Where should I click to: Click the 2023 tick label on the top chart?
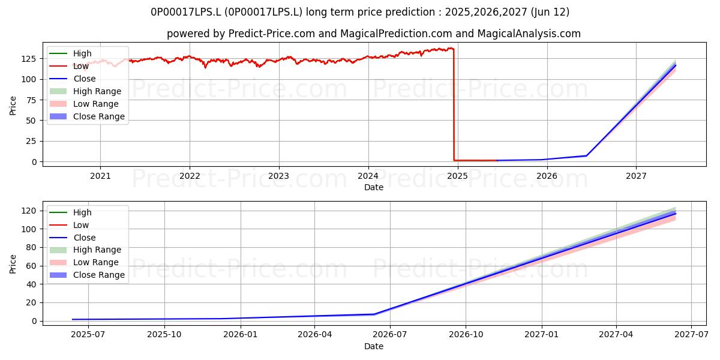tap(278, 176)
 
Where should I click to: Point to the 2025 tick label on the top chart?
tap(457, 176)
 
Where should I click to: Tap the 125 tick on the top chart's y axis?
tap(29, 59)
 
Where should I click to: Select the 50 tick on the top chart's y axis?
tap(32, 121)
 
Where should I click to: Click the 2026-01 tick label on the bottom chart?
tap(241, 335)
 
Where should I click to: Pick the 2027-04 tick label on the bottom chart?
tap(616, 335)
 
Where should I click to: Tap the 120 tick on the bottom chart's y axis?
tap(29, 211)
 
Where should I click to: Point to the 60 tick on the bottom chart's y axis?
tap(32, 266)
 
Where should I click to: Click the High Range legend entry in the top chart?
tap(85, 91)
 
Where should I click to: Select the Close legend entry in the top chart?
tap(73, 79)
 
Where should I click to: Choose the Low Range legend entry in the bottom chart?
tap(84, 262)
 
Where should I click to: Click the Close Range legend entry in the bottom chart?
tap(87, 275)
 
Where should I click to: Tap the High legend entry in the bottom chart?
tap(70, 212)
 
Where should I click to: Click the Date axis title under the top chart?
tap(374, 187)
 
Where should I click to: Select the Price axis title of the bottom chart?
tap(13, 264)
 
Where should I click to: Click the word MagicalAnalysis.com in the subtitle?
tap(529, 34)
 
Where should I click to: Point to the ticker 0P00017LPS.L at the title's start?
tap(186, 12)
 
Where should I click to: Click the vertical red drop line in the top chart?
tap(454, 104)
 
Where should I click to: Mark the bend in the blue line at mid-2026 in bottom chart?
tap(374, 314)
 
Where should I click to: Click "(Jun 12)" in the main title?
tap(550, 12)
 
